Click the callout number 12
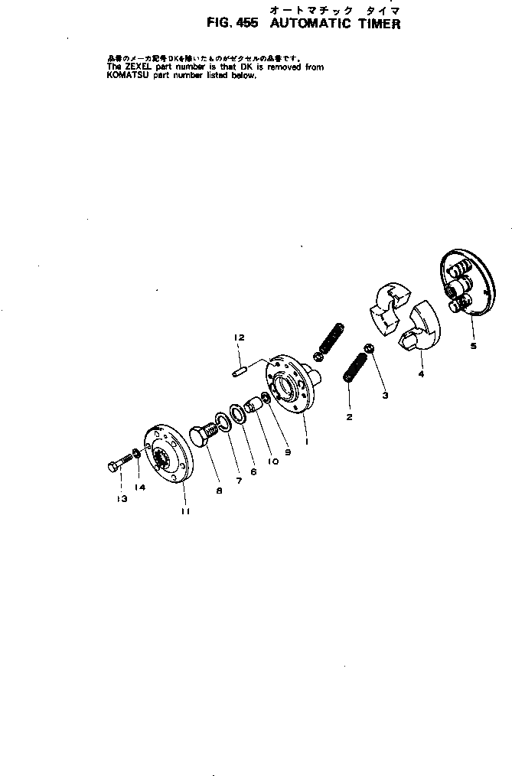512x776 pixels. click(239, 337)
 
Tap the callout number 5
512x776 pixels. click(473, 346)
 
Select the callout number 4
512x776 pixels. click(420, 375)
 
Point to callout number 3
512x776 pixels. click(385, 395)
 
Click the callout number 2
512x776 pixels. click(349, 417)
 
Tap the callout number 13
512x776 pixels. click(121, 498)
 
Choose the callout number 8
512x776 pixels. click(219, 491)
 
